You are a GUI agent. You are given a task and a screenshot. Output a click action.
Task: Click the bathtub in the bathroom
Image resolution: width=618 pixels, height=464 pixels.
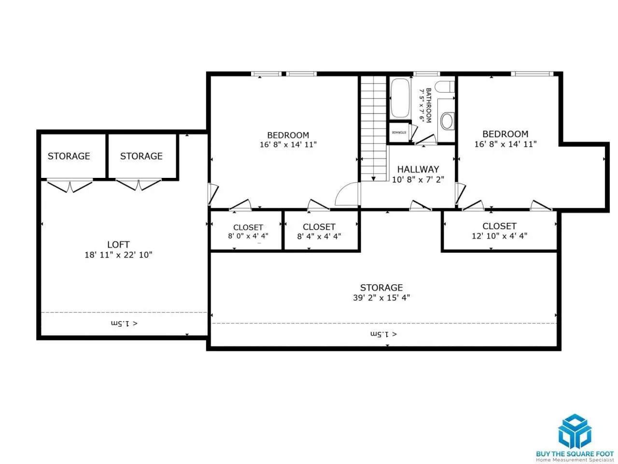(x=400, y=98)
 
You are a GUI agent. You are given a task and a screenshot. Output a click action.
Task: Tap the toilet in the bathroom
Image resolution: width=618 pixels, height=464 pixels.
(x=445, y=87)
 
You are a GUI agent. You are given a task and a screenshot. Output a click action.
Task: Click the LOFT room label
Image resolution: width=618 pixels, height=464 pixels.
(x=118, y=244)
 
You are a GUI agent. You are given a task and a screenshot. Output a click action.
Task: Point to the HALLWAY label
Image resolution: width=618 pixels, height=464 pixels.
(x=418, y=169)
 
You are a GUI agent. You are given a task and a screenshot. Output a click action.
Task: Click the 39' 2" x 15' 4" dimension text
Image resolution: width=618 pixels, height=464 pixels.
(x=381, y=298)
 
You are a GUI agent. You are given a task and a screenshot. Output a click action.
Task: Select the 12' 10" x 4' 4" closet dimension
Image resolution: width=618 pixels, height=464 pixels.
(x=499, y=235)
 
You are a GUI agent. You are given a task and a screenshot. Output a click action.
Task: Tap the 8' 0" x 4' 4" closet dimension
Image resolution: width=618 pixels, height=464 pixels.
(x=248, y=236)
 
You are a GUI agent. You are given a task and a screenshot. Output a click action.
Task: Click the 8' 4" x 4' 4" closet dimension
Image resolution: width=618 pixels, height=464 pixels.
(x=319, y=236)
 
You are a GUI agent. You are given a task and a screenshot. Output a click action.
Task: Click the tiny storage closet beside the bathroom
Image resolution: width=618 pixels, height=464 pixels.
(x=399, y=132)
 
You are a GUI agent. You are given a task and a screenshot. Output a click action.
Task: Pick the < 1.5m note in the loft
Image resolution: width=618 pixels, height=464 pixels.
(x=124, y=323)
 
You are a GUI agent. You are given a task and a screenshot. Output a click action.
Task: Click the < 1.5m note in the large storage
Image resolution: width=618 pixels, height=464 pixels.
(x=383, y=334)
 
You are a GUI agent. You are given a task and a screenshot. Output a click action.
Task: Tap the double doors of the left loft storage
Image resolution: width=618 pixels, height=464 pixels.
(x=70, y=186)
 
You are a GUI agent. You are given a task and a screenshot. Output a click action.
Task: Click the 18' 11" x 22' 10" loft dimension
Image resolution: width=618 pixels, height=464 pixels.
(x=118, y=255)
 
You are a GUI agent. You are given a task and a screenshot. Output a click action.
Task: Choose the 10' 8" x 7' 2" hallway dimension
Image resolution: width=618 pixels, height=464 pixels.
(x=418, y=179)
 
